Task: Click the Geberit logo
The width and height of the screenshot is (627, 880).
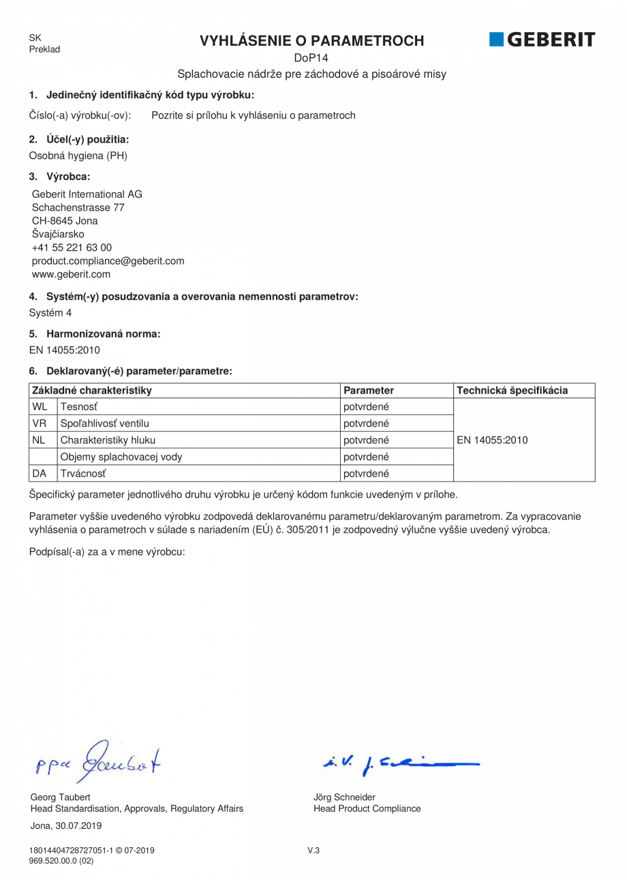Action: click(x=542, y=40)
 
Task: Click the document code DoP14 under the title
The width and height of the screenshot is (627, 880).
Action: click(x=311, y=58)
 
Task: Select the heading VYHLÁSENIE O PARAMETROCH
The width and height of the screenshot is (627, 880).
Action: click(x=311, y=41)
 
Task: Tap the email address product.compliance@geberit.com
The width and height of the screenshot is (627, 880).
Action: click(x=108, y=261)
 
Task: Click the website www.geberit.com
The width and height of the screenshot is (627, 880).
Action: click(x=71, y=274)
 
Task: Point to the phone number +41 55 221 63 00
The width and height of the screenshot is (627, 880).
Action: click(x=72, y=248)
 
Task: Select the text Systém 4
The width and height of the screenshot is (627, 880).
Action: click(x=50, y=313)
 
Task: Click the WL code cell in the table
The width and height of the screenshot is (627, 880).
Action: click(x=40, y=407)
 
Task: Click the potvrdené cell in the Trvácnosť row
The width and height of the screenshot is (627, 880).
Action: click(x=366, y=473)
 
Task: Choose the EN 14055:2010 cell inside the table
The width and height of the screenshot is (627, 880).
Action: click(x=492, y=440)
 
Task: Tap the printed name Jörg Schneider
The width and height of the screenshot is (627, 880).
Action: click(x=344, y=797)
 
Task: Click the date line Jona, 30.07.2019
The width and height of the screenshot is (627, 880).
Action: click(x=66, y=825)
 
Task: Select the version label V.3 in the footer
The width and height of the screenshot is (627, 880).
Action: click(x=313, y=850)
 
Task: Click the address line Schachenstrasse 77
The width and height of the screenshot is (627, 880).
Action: click(x=78, y=207)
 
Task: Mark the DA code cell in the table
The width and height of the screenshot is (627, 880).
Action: click(x=40, y=473)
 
